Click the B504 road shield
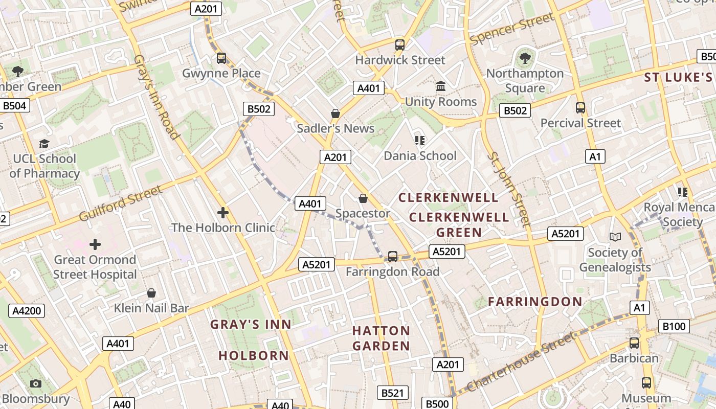coord(15,106)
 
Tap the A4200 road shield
coord(27,311)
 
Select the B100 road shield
coord(676,326)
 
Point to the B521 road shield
coord(393,393)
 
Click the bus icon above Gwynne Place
coord(221,58)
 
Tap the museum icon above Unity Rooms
coord(440,86)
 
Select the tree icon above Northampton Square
coord(525,58)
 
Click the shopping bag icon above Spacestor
coord(363,198)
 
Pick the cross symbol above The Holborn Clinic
coord(223,212)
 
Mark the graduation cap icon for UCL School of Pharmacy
coord(44,144)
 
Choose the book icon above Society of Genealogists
coord(615,237)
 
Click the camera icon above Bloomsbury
coord(35,383)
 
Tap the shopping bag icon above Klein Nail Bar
coord(151,293)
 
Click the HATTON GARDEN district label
coord(381,338)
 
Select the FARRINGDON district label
coord(535,302)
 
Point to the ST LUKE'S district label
coord(679,77)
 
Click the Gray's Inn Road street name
coord(156,97)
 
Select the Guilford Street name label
coord(121,203)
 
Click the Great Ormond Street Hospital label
coord(96,267)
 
